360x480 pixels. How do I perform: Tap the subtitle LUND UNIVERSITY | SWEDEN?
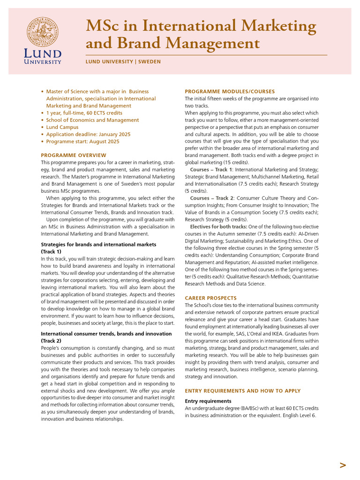pyautogui.click(x=123, y=62)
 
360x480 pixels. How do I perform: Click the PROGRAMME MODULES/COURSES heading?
pyautogui.click(x=230, y=91)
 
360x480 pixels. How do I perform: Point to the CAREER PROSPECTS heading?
pyautogui.click(x=210, y=298)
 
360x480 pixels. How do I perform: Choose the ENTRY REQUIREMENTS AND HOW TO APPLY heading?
pyautogui.click(x=243, y=391)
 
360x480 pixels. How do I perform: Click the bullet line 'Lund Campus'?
pyautogui.click(x=62, y=127)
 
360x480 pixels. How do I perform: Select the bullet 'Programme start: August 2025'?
pyautogui.click(x=82, y=141)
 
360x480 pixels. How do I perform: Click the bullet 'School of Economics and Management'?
pyautogui.click(x=92, y=120)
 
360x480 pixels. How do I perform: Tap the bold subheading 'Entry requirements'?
pyautogui.click(x=208, y=401)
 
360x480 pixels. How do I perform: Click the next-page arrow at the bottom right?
pyautogui.click(x=343, y=465)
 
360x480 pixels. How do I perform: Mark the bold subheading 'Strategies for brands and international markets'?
pyautogui.click(x=98, y=245)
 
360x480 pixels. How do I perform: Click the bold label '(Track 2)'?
pyautogui.click(x=51, y=341)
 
